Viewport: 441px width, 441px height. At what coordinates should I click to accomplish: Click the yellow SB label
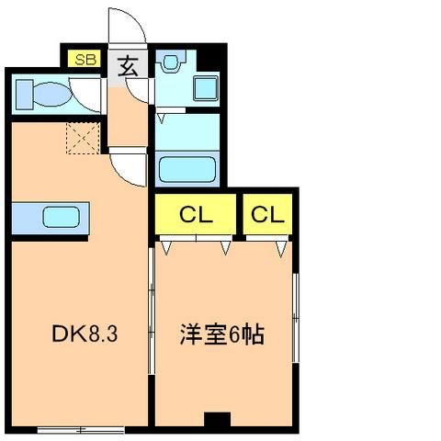coord(86,58)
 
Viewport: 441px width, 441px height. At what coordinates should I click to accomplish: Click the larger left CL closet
coord(196,216)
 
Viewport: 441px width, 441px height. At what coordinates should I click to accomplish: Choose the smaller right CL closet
coord(267,216)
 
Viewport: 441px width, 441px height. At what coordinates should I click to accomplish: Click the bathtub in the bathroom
coord(187,169)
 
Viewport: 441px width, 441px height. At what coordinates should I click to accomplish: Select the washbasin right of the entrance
coord(170,63)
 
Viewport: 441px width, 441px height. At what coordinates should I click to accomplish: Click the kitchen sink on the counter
coord(62,218)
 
